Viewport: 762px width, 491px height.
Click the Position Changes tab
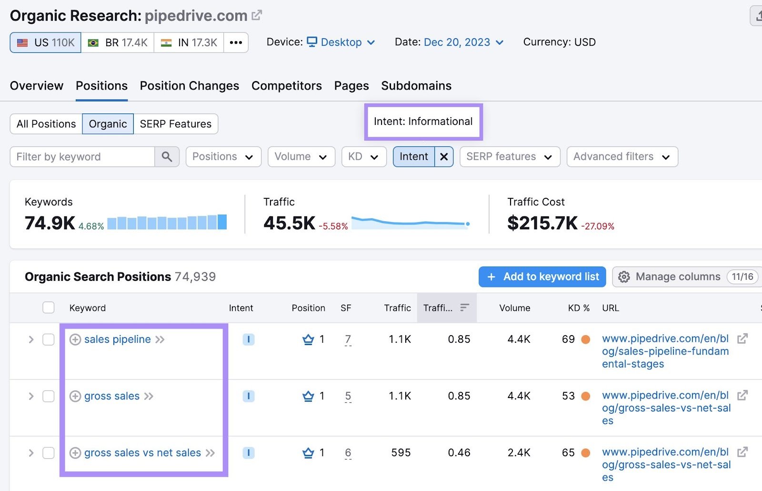tap(189, 86)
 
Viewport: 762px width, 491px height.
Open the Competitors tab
tap(286, 86)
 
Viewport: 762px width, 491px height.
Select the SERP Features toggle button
tap(175, 124)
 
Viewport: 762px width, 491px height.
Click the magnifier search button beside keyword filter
tap(167, 157)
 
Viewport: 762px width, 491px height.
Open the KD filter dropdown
tap(363, 157)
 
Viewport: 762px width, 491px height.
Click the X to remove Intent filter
tap(444, 157)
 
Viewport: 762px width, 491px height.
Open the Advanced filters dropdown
tap(622, 157)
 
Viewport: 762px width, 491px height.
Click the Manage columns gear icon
tap(624, 277)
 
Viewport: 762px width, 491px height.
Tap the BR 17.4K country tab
tap(118, 42)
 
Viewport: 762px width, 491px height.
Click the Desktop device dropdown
tap(341, 42)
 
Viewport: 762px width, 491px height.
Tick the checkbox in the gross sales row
tap(49, 396)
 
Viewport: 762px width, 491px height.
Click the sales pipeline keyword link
tap(117, 339)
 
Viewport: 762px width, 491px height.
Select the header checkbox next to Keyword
tap(49, 307)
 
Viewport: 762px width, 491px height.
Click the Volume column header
tap(514, 308)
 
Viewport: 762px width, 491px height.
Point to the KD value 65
tap(568, 453)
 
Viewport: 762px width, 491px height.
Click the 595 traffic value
tap(401, 453)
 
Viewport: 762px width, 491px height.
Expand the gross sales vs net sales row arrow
tap(31, 453)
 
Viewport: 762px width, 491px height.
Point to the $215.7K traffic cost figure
tap(542, 223)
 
